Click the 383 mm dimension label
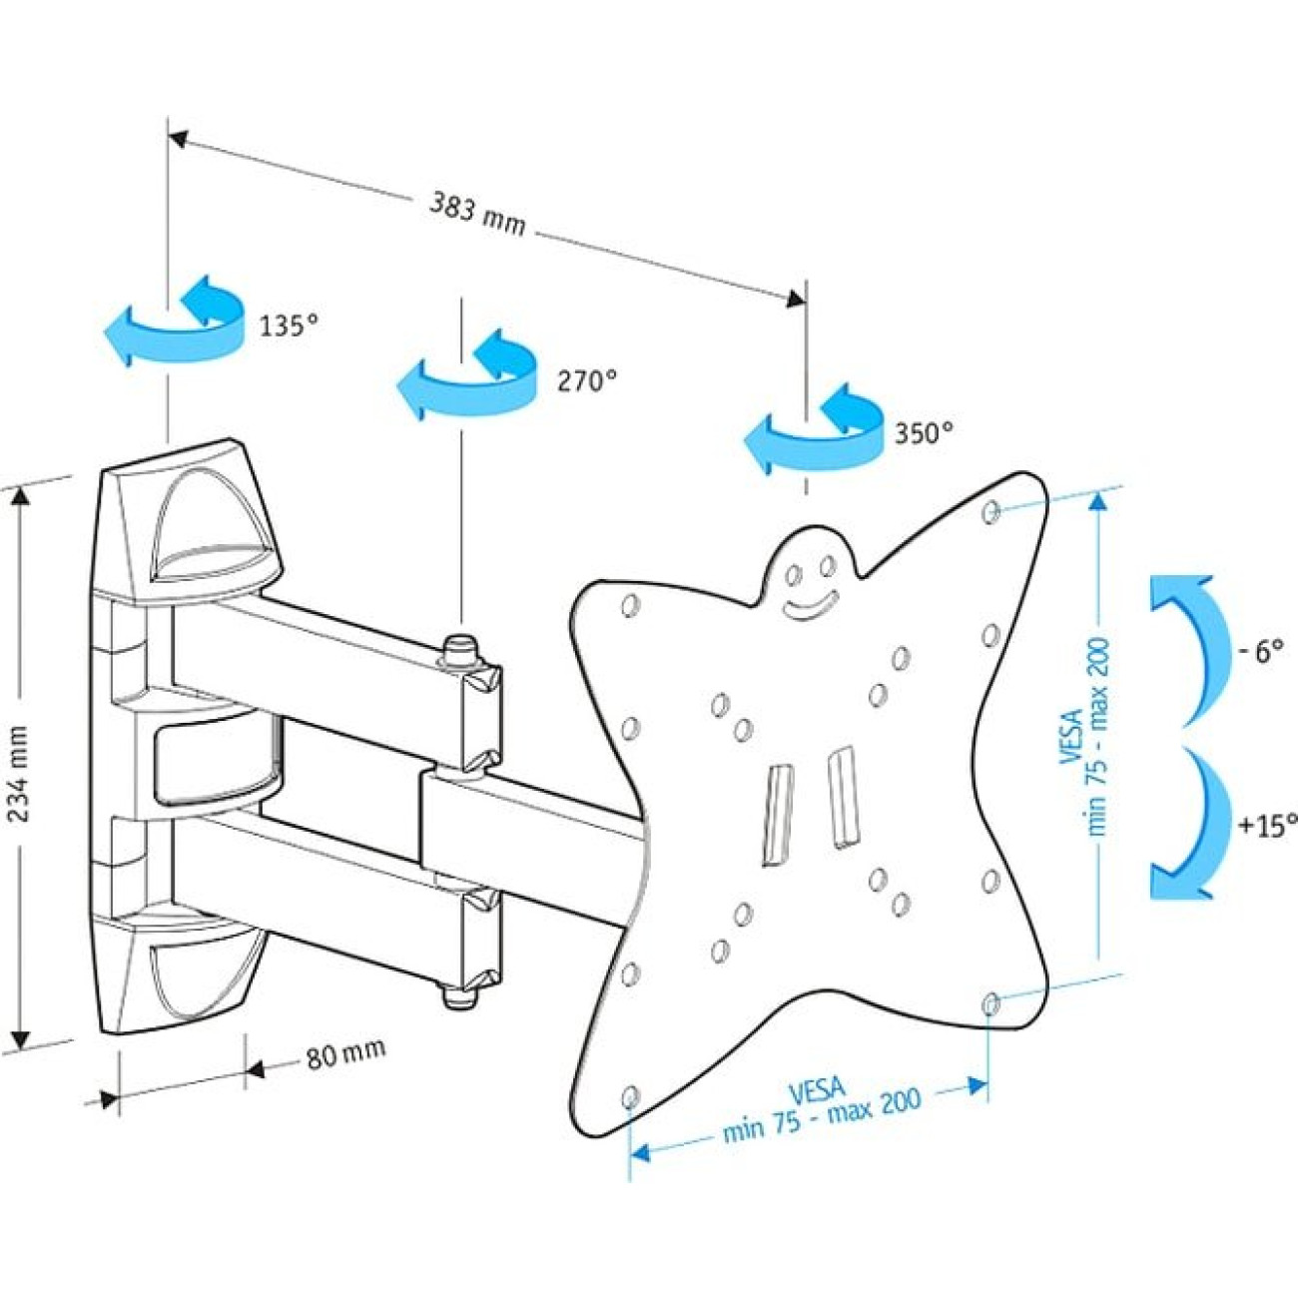pyautogui.click(x=477, y=213)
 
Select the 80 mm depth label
pyautogui.click(x=344, y=1052)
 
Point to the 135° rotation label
pyautogui.click(x=289, y=325)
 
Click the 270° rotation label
pyautogui.click(x=587, y=380)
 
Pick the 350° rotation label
pyautogui.click(x=923, y=432)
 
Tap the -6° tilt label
pyautogui.click(x=1259, y=653)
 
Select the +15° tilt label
pyautogui.click(x=1266, y=825)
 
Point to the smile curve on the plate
pyautogui.click(x=810, y=605)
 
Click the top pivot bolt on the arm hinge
pyautogui.click(x=459, y=650)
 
